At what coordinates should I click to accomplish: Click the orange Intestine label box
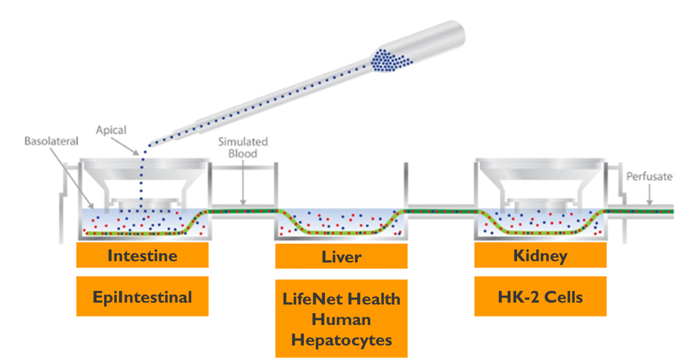(142, 255)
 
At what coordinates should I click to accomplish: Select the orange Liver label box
(341, 256)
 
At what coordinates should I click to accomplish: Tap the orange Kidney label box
(540, 255)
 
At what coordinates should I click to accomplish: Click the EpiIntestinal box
(142, 296)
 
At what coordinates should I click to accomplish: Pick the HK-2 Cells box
(540, 296)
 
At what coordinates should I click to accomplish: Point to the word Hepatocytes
(341, 340)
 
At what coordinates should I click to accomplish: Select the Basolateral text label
(52, 141)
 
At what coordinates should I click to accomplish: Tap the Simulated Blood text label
(242, 147)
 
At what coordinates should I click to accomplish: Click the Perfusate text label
(649, 177)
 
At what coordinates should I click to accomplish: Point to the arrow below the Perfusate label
(650, 195)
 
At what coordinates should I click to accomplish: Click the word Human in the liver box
(341, 319)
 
